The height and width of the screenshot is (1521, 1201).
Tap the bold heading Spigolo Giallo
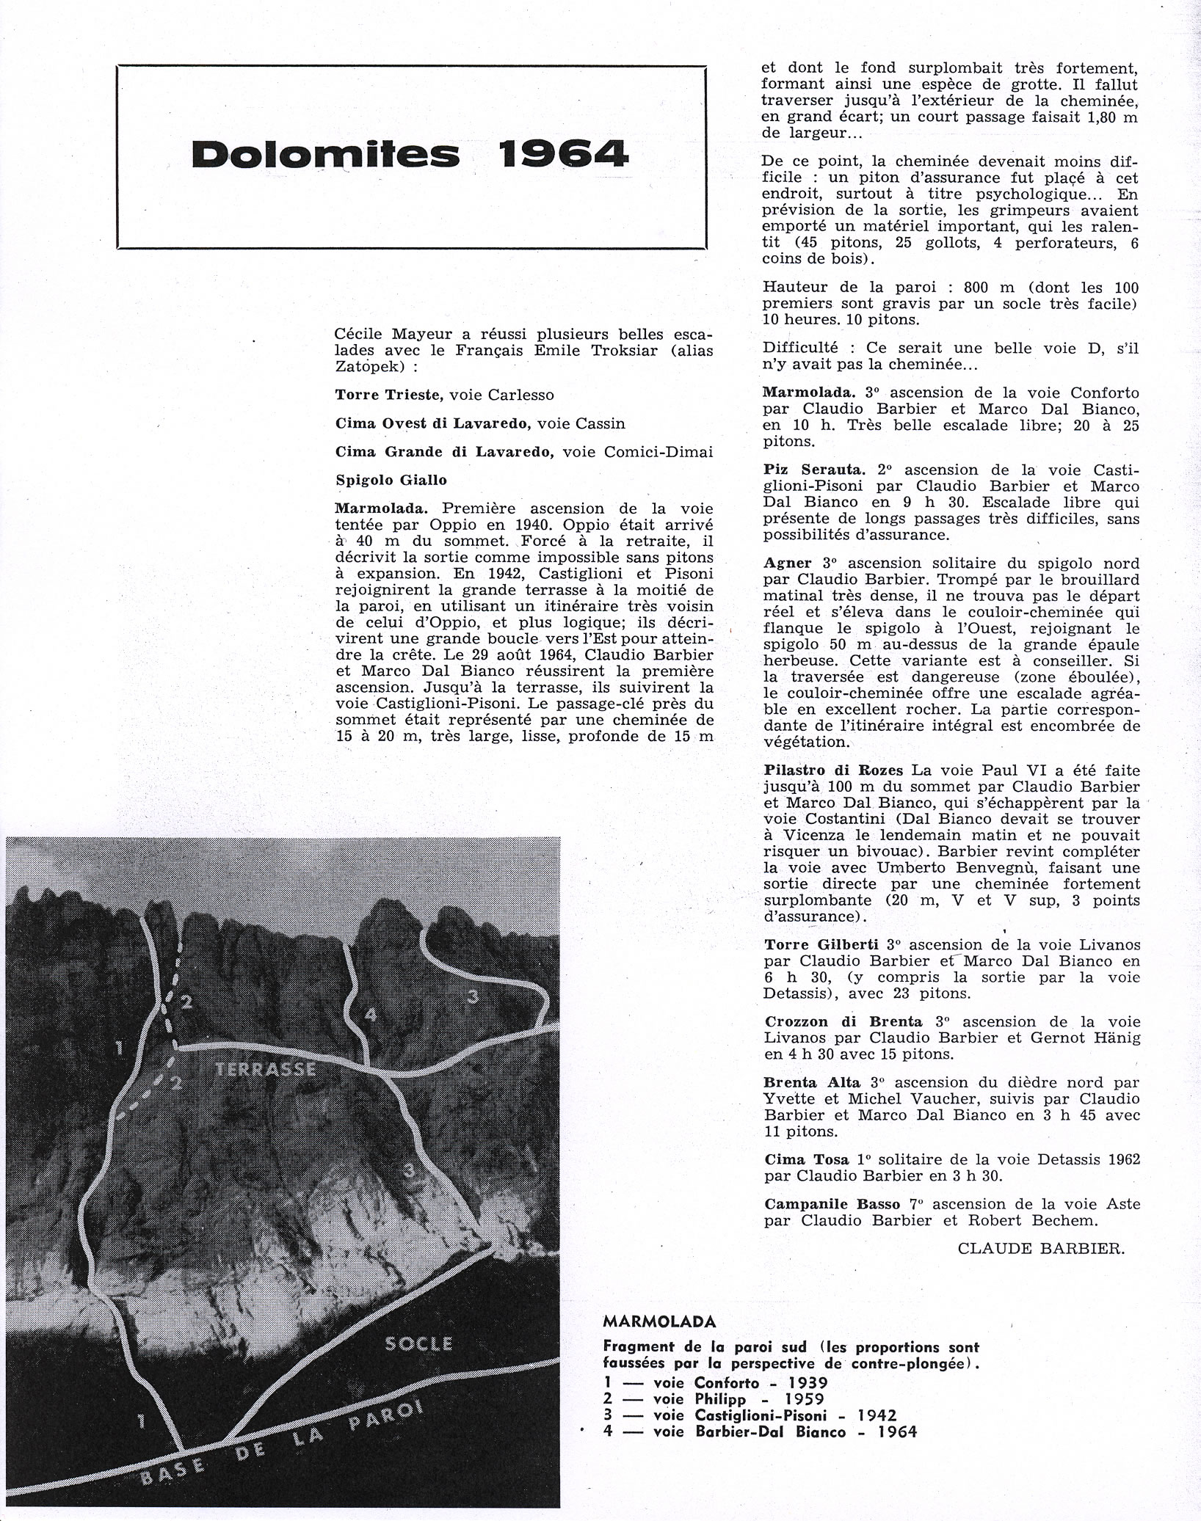(391, 480)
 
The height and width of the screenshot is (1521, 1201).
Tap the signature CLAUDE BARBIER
(1041, 1249)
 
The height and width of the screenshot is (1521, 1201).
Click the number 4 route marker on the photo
(370, 1015)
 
